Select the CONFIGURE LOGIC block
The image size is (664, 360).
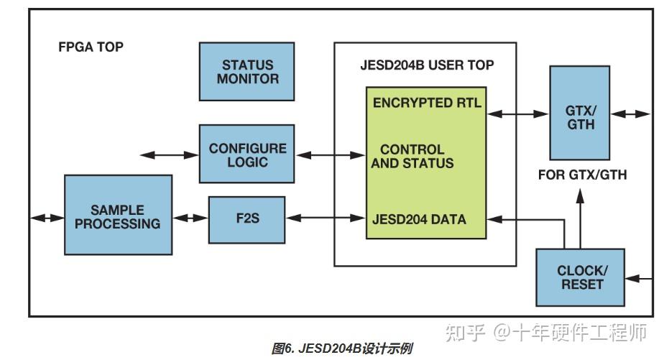pyautogui.click(x=247, y=154)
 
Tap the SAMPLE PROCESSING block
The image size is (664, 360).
pyautogui.click(x=118, y=216)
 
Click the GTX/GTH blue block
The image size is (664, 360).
pyautogui.click(x=580, y=114)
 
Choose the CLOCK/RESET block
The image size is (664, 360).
pyautogui.click(x=581, y=277)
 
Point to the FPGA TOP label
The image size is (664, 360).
pyautogui.click(x=91, y=47)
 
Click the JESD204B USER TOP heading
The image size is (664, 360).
pyautogui.click(x=426, y=65)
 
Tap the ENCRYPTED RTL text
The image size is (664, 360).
pyautogui.click(x=427, y=102)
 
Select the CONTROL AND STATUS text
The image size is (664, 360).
pyautogui.click(x=417, y=157)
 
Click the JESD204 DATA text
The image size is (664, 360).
pyautogui.click(x=419, y=218)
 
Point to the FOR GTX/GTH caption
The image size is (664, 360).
pyautogui.click(x=582, y=175)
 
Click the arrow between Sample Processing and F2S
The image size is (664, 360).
pyautogui.click(x=190, y=218)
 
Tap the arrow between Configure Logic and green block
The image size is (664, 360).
pyautogui.click(x=330, y=154)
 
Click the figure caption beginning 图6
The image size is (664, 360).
pyautogui.click(x=342, y=349)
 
